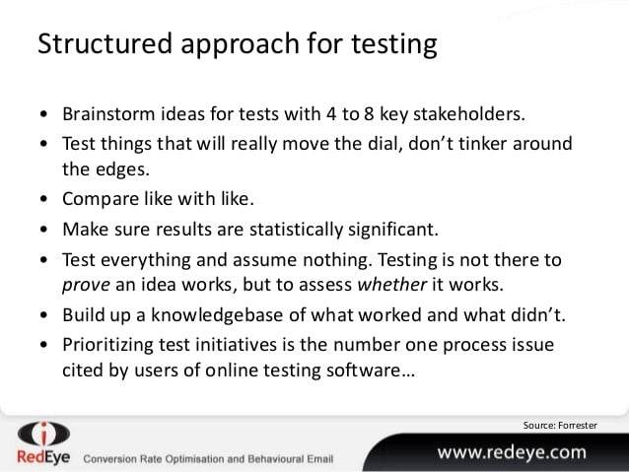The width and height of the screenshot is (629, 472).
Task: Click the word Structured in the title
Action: coord(105,43)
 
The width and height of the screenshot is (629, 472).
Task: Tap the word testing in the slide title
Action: coord(394,45)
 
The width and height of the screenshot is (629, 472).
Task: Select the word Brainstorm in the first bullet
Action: coord(108,114)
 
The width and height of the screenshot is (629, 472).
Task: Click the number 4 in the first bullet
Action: coord(331,114)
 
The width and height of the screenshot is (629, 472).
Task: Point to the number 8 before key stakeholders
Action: coord(369,114)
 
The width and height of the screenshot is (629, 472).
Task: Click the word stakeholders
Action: coord(469,114)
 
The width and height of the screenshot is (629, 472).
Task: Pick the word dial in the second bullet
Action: coord(385,144)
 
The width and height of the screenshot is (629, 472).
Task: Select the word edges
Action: coord(122,169)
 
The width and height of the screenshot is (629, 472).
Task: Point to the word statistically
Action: coord(296,230)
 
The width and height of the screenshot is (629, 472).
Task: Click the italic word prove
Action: coord(86,286)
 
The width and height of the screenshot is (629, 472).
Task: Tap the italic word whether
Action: coord(392,285)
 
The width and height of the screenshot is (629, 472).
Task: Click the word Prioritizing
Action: coord(107,345)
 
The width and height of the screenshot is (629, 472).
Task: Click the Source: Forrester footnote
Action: coord(560,425)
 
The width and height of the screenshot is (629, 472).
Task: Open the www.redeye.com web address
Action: coord(512,452)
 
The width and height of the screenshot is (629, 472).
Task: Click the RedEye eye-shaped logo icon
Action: coord(43,434)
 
